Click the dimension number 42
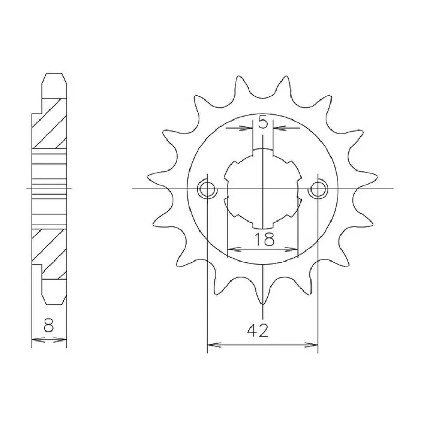(258, 331)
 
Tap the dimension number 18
(264, 239)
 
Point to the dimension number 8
(48, 325)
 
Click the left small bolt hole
(207, 189)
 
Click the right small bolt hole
(318, 189)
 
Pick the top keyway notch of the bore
(263, 152)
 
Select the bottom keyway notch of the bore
(263, 225)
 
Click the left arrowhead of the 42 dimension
(214, 345)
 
